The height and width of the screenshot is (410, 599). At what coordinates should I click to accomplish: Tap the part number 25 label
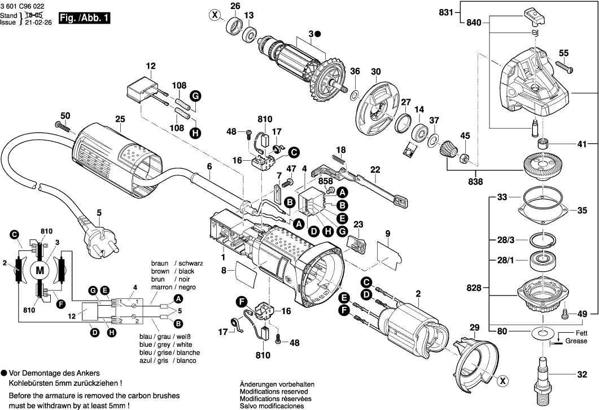119,120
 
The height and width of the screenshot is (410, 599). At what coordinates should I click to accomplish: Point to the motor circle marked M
40,271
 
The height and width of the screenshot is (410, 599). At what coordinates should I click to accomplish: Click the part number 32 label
582,374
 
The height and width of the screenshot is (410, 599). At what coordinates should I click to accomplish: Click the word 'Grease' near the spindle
576,341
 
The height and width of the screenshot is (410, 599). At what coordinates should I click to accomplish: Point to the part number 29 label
474,328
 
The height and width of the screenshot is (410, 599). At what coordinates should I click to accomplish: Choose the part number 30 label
376,72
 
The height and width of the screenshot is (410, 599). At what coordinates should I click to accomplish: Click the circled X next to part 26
214,15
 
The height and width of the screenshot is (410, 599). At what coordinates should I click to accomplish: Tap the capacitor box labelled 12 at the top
142,90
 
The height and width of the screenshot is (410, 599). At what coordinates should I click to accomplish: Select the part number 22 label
375,169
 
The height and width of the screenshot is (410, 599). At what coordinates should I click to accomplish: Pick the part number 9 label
388,233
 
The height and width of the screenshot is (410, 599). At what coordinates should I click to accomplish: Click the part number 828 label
474,288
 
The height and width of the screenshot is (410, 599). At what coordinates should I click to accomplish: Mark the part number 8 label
224,271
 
